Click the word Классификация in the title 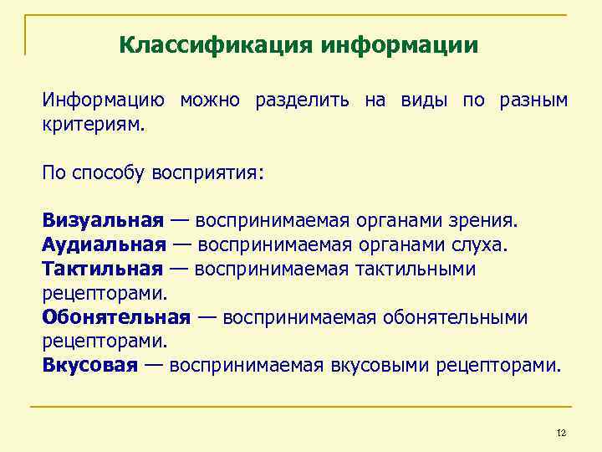coord(215,44)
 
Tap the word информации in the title coord(399,44)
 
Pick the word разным coord(533,101)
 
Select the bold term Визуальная coord(103,221)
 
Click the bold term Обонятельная coord(116,317)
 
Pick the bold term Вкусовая coord(89,366)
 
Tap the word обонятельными coord(456,317)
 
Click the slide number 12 coord(561,433)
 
